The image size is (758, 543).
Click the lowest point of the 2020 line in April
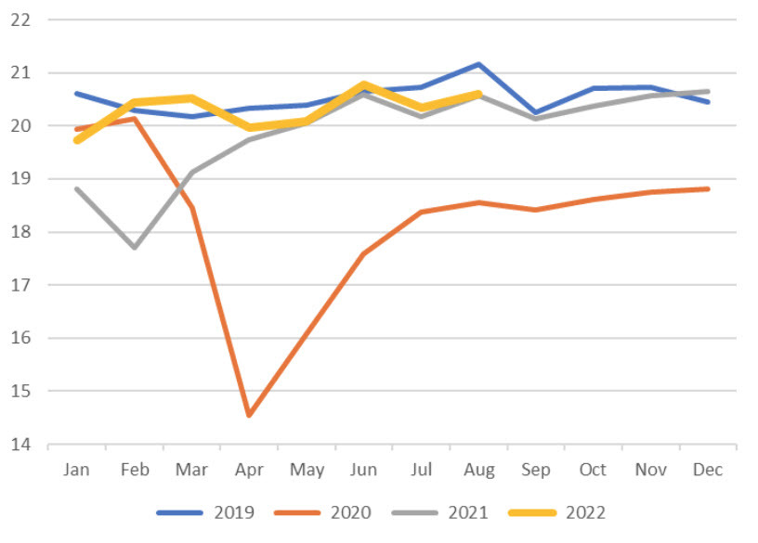point(249,415)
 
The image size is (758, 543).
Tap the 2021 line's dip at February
point(134,247)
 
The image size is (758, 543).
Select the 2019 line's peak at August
point(478,64)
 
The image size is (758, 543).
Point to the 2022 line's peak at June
point(363,84)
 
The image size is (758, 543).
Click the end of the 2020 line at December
point(709,188)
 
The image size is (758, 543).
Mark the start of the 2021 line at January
point(76,188)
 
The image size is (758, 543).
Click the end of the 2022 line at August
point(478,93)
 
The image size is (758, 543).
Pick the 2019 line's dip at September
point(536,112)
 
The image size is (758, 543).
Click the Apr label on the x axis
point(249,470)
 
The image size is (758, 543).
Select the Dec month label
point(709,470)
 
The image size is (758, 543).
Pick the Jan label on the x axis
point(76,470)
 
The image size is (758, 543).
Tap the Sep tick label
point(536,470)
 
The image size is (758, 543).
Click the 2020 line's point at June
point(363,253)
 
